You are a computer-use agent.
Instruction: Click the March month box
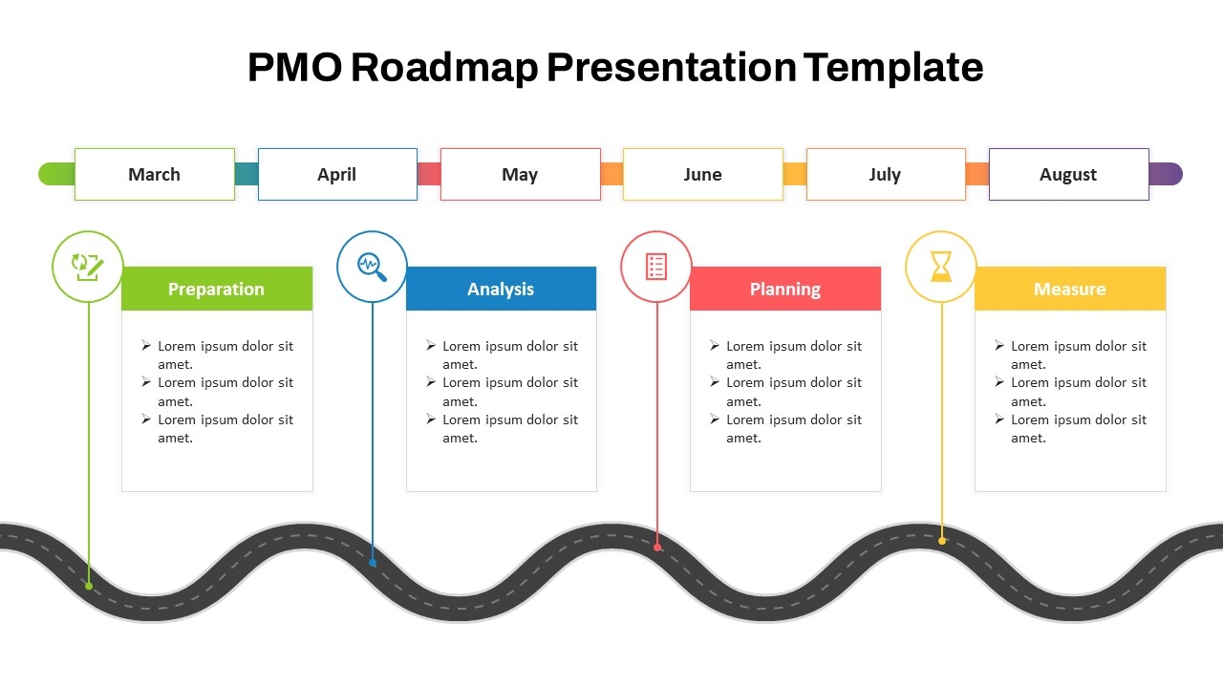point(154,174)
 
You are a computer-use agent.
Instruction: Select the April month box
point(337,174)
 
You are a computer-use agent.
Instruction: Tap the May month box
point(520,174)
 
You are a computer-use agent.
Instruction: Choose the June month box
point(702,174)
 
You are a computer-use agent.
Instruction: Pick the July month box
point(885,174)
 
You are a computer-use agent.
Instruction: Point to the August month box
point(1068,174)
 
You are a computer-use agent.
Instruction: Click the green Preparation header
point(217,289)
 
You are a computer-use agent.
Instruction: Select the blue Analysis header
point(501,289)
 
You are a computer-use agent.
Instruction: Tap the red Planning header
point(785,289)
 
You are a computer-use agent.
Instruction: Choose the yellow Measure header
point(1070,289)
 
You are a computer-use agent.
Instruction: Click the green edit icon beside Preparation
point(87,267)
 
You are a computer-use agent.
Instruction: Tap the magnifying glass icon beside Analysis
point(372,267)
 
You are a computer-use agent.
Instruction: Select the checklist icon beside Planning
point(656,267)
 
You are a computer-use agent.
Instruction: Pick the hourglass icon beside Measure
point(941,267)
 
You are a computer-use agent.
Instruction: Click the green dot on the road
point(89,586)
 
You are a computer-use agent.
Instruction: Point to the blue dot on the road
point(373,563)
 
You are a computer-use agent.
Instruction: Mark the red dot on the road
point(657,548)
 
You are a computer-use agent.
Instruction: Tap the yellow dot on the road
point(942,541)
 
